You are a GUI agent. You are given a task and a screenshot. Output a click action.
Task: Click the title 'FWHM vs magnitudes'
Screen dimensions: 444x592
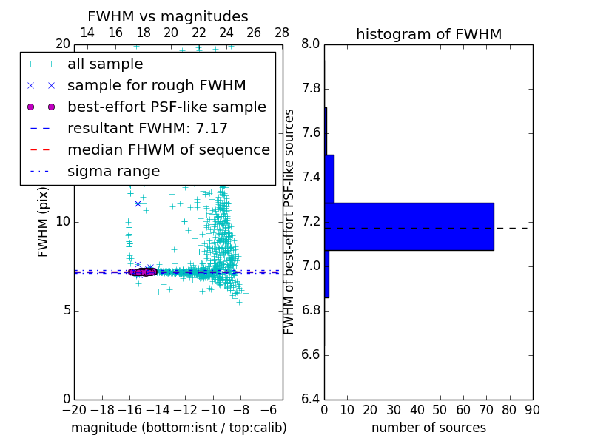tap(168, 16)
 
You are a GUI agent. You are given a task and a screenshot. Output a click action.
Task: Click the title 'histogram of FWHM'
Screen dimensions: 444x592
tap(428, 34)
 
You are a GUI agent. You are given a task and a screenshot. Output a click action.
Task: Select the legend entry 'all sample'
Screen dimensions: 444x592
tap(105, 64)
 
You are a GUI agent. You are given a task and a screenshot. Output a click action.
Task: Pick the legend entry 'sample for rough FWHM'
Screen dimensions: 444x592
tap(156, 85)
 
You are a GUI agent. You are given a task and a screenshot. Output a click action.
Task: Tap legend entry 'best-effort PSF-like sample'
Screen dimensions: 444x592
tap(166, 107)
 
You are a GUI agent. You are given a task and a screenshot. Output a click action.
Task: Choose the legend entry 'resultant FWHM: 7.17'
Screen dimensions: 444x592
tap(147, 128)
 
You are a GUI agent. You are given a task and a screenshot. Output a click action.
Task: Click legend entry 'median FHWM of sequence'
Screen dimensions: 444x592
tap(168, 149)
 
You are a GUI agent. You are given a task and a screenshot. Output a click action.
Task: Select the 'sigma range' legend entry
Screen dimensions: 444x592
tap(113, 171)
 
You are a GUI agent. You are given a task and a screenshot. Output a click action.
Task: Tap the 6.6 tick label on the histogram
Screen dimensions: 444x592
tap(310, 355)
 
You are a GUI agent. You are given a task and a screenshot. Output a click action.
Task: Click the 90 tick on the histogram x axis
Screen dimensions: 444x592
tap(531, 409)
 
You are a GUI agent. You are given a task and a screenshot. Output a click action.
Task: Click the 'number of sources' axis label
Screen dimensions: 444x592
tap(428, 428)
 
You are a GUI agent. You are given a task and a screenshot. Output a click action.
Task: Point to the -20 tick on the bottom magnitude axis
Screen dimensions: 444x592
tap(74, 409)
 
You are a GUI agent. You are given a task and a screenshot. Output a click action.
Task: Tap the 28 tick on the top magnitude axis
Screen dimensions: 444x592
tap(282, 33)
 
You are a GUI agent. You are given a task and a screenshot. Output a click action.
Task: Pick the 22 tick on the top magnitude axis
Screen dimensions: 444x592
tap(199, 33)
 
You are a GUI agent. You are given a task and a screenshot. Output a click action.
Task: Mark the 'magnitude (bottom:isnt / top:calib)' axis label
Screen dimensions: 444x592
tap(178, 428)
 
